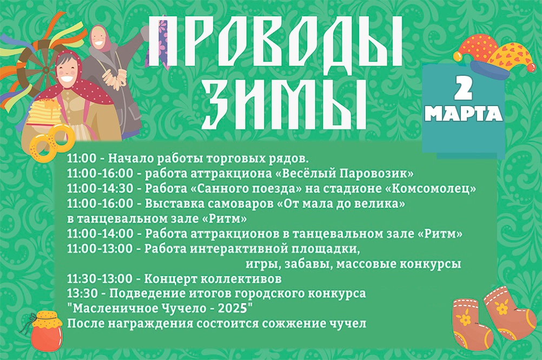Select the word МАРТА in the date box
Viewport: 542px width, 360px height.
pyautogui.click(x=464, y=114)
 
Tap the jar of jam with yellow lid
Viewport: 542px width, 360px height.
pyautogui.click(x=46, y=331)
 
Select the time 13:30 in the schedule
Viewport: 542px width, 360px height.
pyautogui.click(x=83, y=293)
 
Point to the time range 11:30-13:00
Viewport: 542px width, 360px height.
pyautogui.click(x=100, y=278)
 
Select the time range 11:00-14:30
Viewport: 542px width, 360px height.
pyautogui.click(x=100, y=188)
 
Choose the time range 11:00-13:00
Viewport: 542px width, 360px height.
pyautogui.click(x=100, y=248)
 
